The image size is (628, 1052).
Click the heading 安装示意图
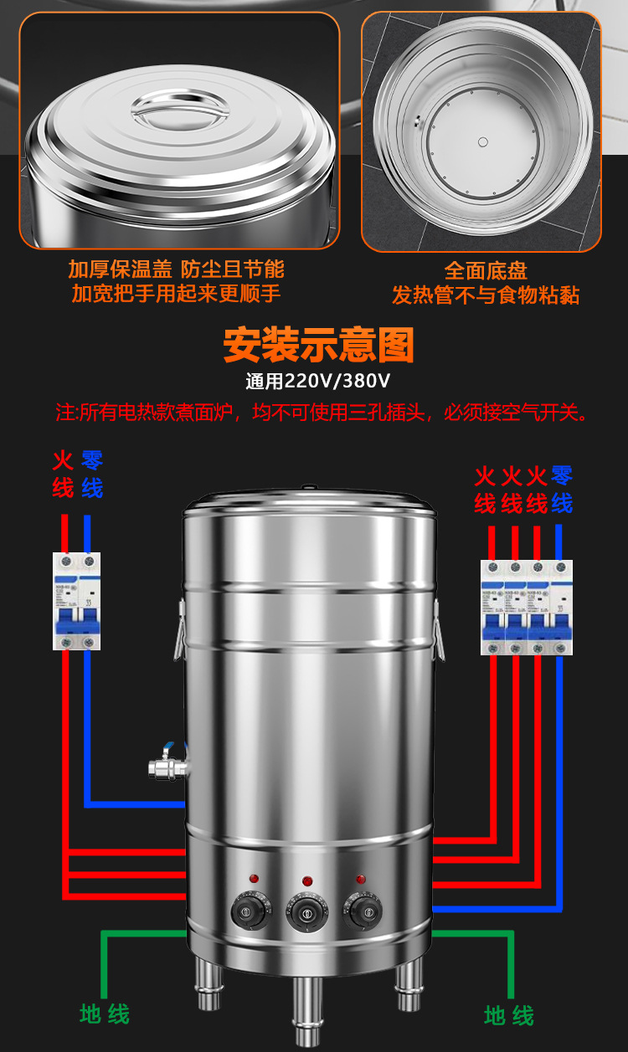coord(318,344)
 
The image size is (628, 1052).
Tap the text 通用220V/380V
coord(318,382)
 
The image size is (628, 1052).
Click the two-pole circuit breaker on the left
coord(76,601)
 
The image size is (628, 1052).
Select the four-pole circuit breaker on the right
coord(527,607)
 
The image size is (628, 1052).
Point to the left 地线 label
coord(105,1014)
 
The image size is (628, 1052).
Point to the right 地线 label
coord(509,1016)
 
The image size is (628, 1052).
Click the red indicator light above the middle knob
coord(307,881)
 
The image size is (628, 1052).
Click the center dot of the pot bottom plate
coord(484,141)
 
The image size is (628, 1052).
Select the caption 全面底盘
coord(486,270)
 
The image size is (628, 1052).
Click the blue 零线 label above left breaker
coord(92,474)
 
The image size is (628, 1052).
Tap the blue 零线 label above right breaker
coord(562,490)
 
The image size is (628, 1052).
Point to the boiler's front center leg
coord(307,1008)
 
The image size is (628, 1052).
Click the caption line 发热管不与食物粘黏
coord(486,295)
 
